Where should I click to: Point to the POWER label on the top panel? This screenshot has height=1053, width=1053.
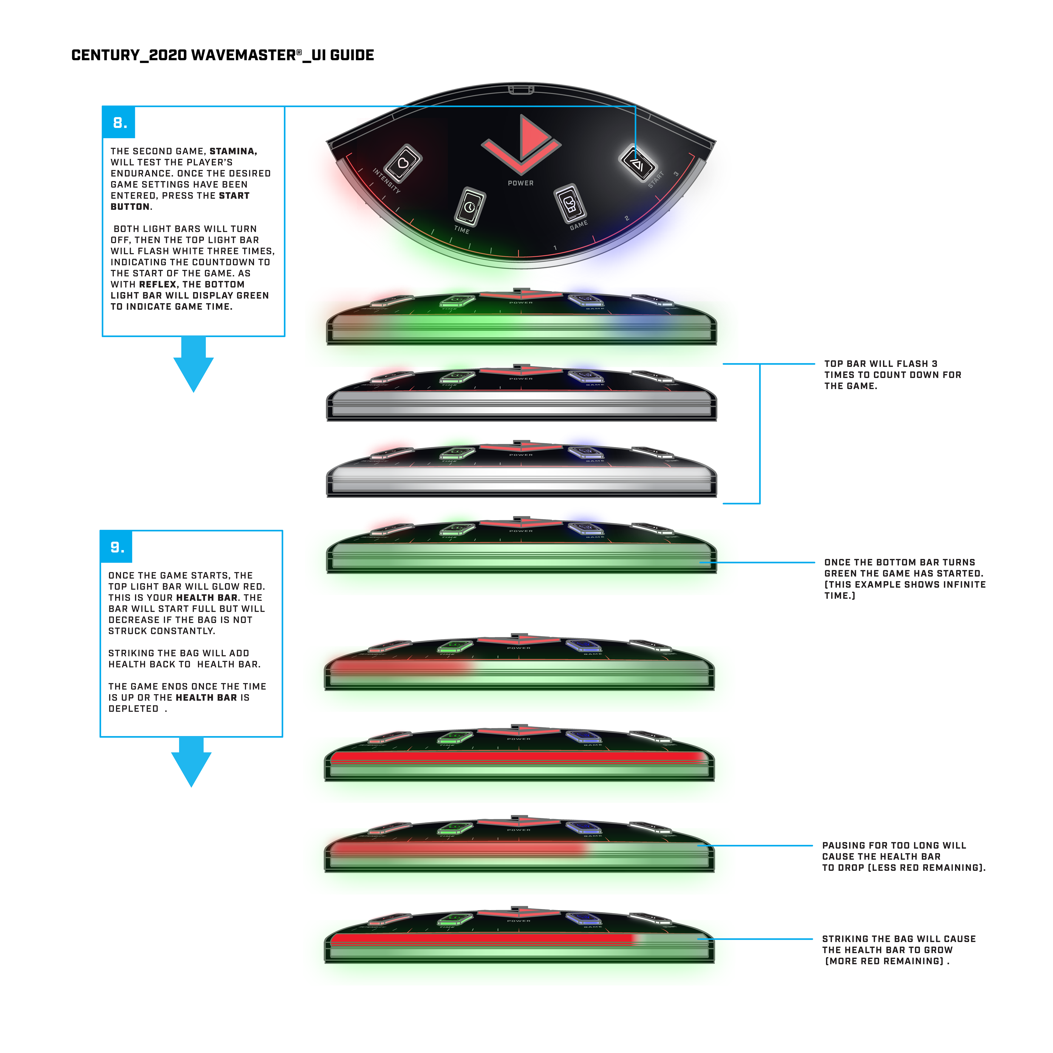click(520, 183)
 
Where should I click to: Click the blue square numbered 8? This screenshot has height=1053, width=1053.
click(119, 123)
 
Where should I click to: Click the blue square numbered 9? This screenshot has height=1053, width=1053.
click(117, 547)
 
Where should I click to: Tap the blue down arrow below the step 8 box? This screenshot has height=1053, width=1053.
click(194, 365)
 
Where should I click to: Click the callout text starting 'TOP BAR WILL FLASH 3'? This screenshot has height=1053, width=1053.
click(892, 374)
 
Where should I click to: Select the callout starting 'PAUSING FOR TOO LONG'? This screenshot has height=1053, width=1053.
click(903, 856)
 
